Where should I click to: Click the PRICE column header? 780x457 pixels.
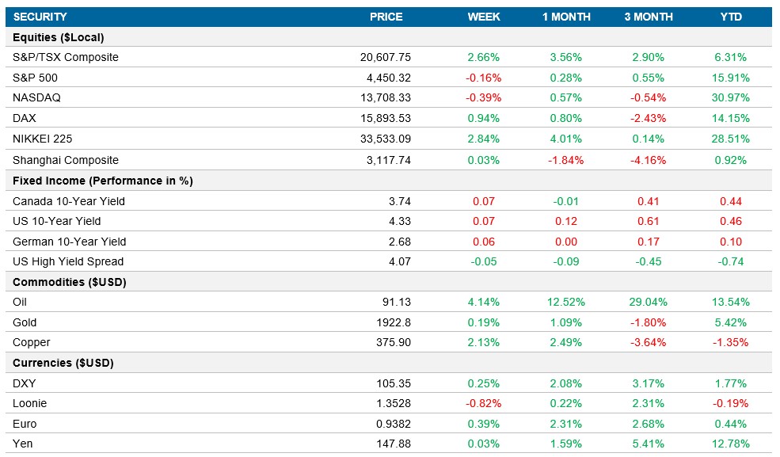(x=386, y=17)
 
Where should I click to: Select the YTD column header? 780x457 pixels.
(x=730, y=17)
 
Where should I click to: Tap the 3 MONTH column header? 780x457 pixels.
(x=648, y=17)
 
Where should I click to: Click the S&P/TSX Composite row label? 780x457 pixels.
(x=66, y=57)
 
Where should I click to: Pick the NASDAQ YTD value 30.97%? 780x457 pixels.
(x=730, y=98)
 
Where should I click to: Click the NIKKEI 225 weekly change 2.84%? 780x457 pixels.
(x=483, y=139)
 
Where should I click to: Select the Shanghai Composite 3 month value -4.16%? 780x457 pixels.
(x=648, y=160)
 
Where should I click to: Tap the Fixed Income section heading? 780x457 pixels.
(x=103, y=181)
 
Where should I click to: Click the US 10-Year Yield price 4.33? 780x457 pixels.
(x=398, y=221)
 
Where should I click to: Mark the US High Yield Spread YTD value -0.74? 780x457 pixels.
(x=730, y=261)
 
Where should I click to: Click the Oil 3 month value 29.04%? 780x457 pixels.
(x=648, y=302)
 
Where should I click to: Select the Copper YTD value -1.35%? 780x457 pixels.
(x=730, y=342)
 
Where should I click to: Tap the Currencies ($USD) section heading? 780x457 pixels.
(x=63, y=363)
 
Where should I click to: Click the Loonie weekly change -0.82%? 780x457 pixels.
(x=483, y=403)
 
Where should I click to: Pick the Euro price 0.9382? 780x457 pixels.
(x=394, y=424)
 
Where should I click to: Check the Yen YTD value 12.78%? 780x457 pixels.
(x=730, y=444)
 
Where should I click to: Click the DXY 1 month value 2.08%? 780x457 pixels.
(x=565, y=383)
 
